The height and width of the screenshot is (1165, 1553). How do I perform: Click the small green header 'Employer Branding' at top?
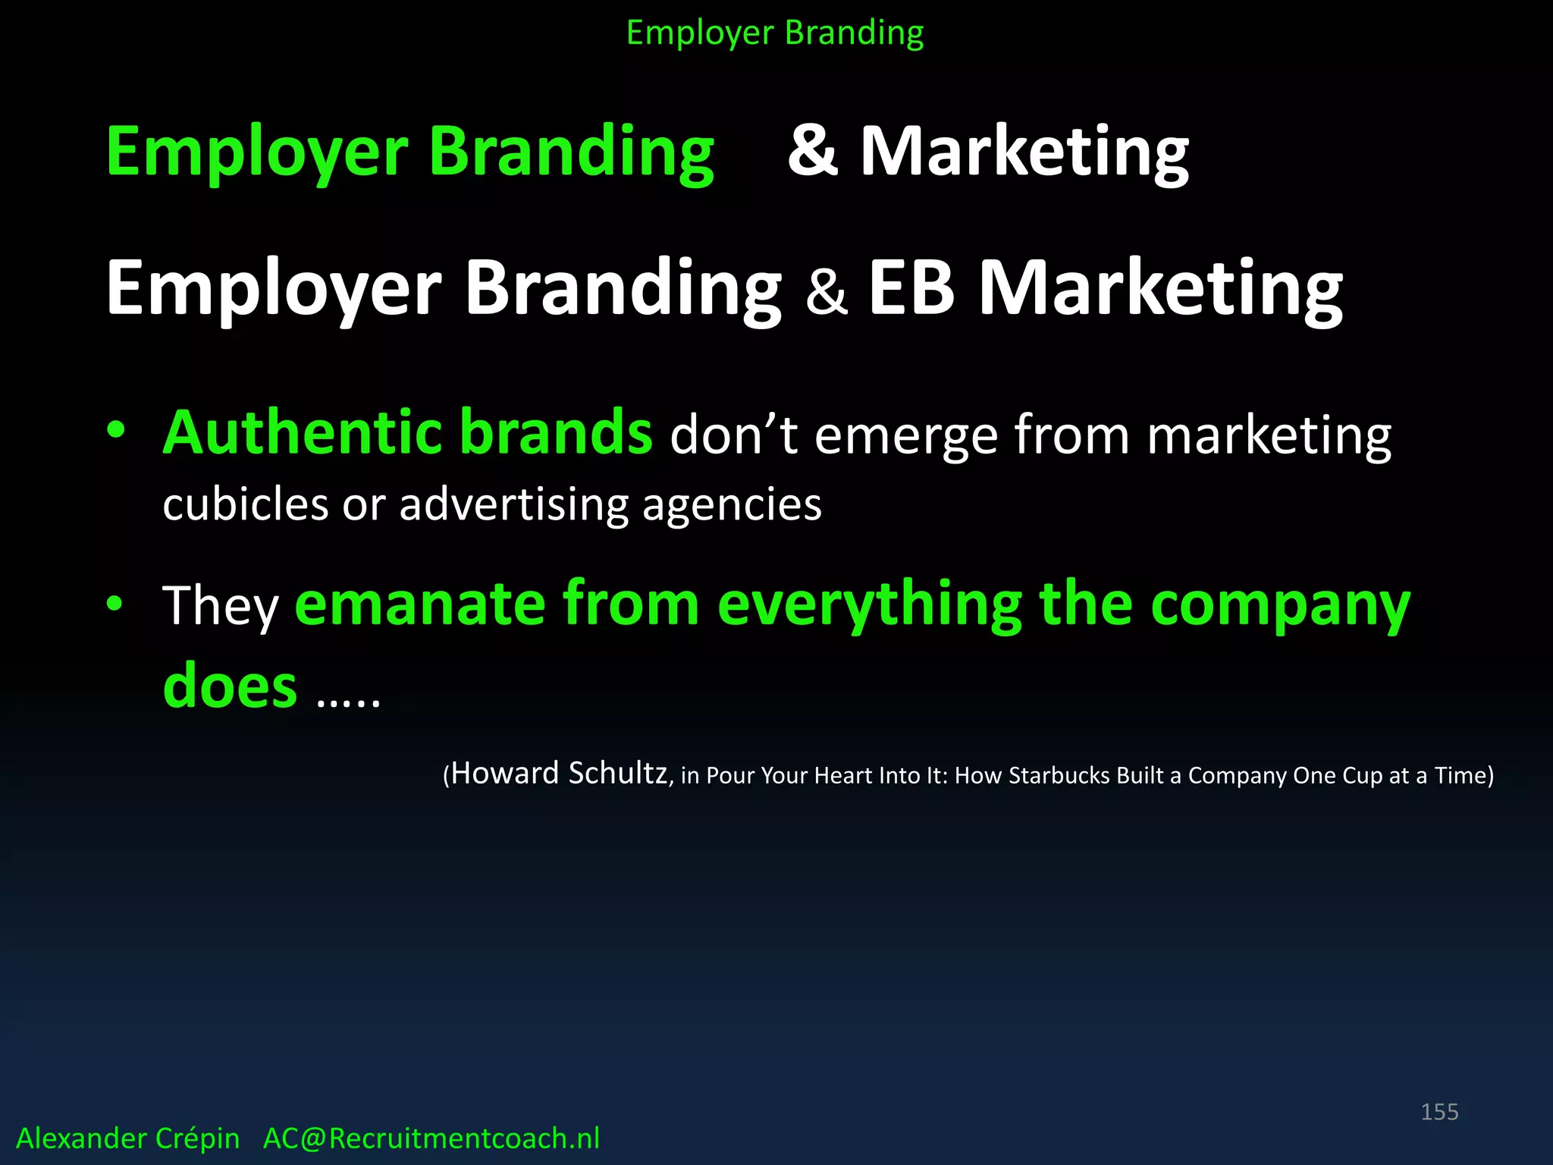(775, 33)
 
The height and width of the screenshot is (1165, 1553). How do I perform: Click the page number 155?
(1439, 1112)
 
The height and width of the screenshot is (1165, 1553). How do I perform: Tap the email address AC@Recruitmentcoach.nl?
(431, 1138)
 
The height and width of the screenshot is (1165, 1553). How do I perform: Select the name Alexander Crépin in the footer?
(128, 1138)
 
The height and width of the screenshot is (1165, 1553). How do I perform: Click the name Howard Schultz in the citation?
(559, 774)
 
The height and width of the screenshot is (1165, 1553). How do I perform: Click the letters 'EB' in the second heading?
(911, 287)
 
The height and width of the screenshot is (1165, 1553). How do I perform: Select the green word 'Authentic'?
(303, 432)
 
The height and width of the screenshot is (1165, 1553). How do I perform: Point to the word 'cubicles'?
(246, 504)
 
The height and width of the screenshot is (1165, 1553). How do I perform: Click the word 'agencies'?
(732, 506)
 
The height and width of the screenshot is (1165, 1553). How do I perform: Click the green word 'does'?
(230, 685)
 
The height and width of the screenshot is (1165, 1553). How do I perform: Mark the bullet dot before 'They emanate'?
(115, 604)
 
